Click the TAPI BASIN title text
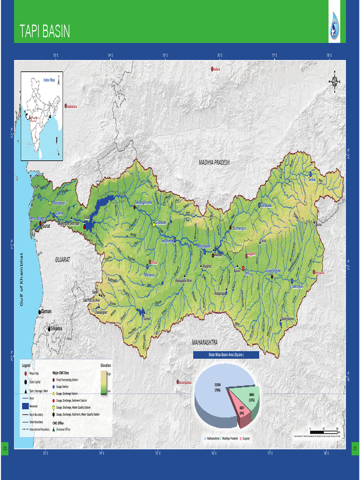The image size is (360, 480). pos(45,32)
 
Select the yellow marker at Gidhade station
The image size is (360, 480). pos(154,225)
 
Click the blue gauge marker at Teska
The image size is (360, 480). pos(310,173)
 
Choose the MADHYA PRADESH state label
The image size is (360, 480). pos(214,162)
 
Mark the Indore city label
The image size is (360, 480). pos(217,69)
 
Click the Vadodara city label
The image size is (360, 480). pos(71,106)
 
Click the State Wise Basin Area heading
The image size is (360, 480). pos(226,355)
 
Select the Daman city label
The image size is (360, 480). pos(46,311)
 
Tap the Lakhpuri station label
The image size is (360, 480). pos(298,286)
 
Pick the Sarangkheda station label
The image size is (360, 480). pos(143,202)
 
